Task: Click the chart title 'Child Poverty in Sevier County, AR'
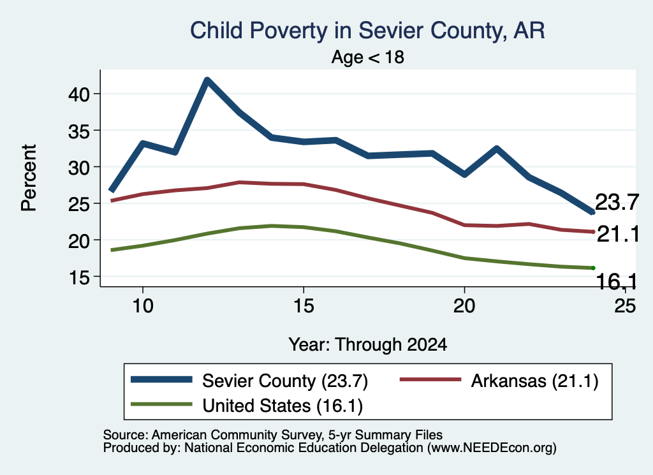pos(367,31)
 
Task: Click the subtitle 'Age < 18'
pos(368,57)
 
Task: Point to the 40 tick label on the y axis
pos(79,94)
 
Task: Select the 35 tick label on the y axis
pos(79,131)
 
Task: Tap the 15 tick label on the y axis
pos(79,277)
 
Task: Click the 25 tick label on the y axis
pos(79,204)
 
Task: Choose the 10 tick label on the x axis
pos(143,306)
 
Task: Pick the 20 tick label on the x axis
pos(464,306)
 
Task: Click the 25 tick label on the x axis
pos(625,306)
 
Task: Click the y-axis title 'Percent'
pos(29,178)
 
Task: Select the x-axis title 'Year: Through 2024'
pos(368,345)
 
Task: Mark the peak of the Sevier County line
pos(207,80)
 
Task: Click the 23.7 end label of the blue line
pos(617,203)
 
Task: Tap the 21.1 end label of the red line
pos(618,235)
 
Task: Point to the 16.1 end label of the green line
pos(617,281)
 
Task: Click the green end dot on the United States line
pos(593,268)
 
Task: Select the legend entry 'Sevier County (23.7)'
pos(249,381)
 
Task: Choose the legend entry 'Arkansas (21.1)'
pos(499,381)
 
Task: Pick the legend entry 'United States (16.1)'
pos(247,406)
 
